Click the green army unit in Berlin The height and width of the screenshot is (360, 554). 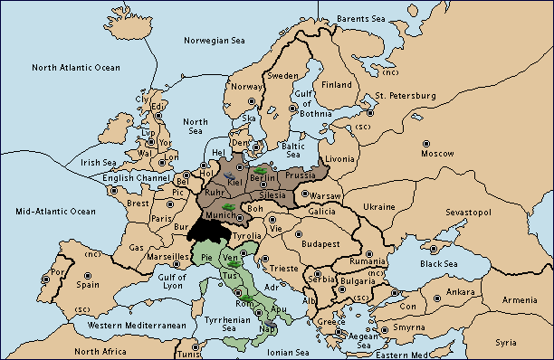pos(260,169)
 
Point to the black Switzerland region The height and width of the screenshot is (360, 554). pos(205,228)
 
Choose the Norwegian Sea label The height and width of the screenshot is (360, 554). pos(215,41)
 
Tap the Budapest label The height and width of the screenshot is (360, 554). pos(320,243)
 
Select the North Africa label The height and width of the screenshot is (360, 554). pos(101,351)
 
